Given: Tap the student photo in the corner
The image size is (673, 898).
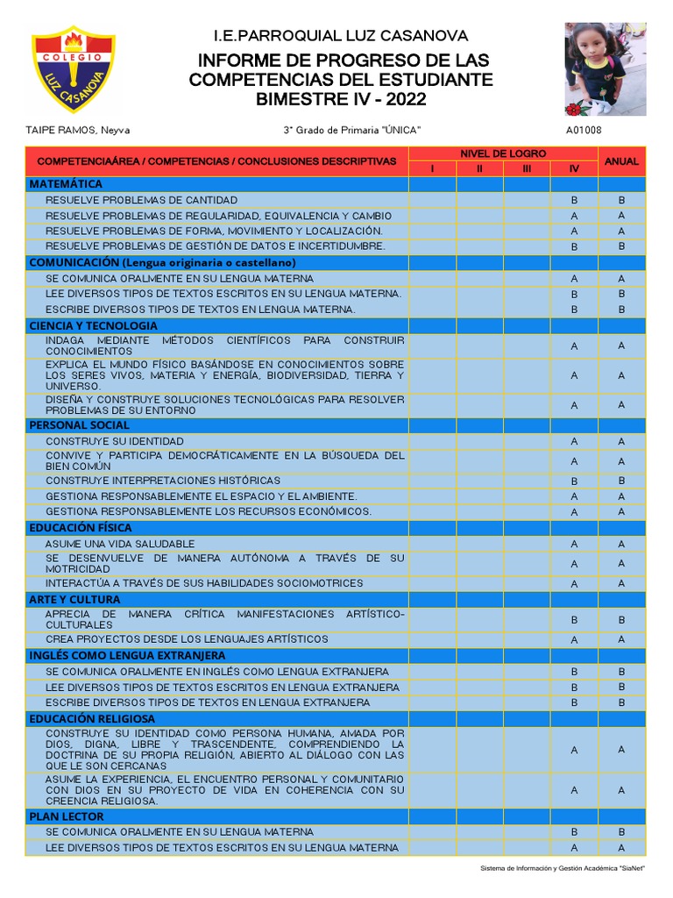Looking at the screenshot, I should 599,69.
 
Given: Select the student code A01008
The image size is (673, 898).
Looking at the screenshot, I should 584,131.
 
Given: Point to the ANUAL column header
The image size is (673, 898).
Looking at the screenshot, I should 621,161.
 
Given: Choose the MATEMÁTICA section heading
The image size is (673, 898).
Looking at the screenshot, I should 66,184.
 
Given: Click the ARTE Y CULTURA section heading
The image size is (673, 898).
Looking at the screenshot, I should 74,600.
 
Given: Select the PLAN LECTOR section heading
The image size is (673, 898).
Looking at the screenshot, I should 67,816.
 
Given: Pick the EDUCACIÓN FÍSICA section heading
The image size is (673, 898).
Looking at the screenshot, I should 81,528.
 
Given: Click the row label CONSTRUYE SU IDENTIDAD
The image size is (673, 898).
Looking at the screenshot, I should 115,441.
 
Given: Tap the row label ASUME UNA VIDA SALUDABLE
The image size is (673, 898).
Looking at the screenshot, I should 120,544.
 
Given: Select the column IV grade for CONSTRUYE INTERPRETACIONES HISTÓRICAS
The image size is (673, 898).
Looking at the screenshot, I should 574,481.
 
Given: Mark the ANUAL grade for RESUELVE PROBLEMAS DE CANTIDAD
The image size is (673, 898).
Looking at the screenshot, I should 621,200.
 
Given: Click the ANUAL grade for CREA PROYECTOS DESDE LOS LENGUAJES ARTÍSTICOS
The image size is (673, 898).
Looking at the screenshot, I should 621,639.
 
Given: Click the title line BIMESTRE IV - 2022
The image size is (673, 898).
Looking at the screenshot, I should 341,99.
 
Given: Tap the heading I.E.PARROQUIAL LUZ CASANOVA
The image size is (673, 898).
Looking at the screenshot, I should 341,36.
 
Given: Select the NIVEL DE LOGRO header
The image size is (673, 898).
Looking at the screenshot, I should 503,153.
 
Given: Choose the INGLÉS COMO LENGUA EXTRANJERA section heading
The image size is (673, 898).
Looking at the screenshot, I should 127,656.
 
